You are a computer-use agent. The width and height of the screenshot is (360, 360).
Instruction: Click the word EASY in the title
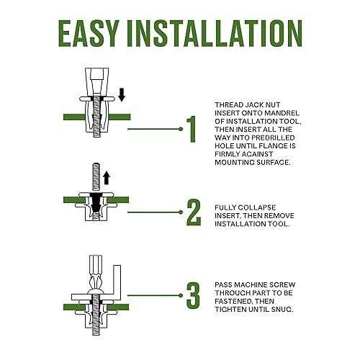(89, 33)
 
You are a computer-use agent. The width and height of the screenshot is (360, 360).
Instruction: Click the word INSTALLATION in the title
(215, 33)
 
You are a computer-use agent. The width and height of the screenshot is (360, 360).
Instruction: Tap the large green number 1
(192, 129)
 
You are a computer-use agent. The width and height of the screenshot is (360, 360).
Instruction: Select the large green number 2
(194, 212)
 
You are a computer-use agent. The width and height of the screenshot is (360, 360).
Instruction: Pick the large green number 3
(193, 295)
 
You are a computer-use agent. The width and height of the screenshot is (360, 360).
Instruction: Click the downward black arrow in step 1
(122, 94)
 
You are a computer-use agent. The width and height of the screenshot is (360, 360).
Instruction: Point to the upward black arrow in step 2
(107, 178)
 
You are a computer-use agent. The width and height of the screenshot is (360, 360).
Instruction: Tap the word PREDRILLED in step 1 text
(275, 138)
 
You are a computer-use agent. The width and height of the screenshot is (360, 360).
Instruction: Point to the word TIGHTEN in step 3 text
(230, 309)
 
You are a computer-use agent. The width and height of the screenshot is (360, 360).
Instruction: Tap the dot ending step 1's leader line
(181, 129)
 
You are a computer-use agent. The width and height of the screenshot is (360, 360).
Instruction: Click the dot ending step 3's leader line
(181, 295)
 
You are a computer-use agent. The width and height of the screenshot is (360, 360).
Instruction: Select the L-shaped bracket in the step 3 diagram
(117, 283)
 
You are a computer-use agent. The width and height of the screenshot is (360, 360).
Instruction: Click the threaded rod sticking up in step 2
(96, 177)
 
